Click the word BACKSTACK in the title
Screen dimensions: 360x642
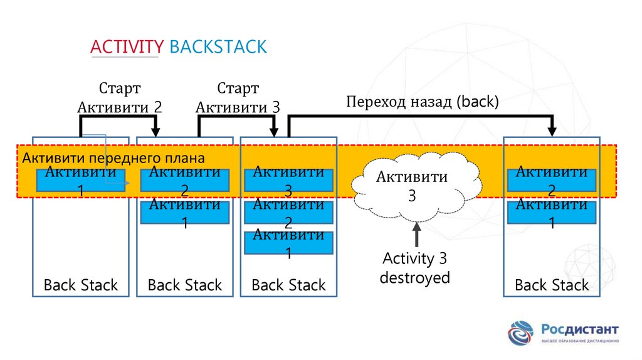tap(218, 47)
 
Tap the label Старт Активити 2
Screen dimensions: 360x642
tap(119, 97)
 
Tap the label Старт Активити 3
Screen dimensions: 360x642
tap(238, 97)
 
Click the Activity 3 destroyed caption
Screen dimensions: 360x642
tap(415, 268)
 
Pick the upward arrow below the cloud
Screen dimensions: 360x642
tap(416, 235)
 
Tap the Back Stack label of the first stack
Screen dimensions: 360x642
tap(81, 285)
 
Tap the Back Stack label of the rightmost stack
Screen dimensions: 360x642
tap(552, 285)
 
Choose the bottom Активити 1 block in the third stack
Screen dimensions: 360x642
tap(288, 243)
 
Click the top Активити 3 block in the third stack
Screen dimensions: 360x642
tap(288, 180)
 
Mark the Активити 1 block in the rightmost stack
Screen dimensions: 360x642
tap(552, 213)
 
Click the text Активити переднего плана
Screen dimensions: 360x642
tap(113, 158)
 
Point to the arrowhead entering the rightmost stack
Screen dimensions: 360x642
tap(552, 131)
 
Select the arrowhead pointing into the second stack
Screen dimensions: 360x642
tap(157, 131)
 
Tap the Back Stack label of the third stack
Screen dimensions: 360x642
tap(288, 285)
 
